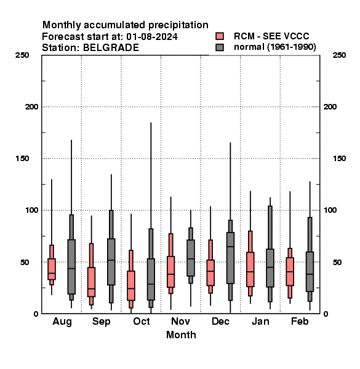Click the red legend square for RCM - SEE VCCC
coord(220,36)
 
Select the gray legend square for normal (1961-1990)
coord(220,47)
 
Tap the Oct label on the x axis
coord(142,321)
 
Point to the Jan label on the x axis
coord(260,321)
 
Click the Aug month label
coord(62,322)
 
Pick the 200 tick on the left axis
coord(31,106)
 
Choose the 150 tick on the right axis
coord(339,159)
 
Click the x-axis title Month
coord(181,335)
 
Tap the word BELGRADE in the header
coord(111,47)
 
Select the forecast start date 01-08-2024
coord(152,37)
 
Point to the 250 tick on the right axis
coord(339,55)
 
